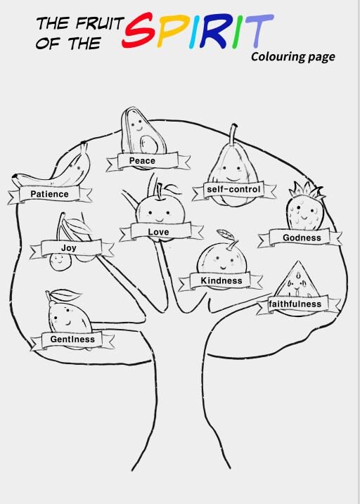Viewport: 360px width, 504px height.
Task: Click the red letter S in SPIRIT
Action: (139, 30)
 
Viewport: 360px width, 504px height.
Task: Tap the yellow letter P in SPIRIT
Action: (172, 30)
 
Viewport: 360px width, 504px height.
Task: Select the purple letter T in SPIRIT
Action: (259, 31)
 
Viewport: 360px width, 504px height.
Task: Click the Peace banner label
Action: (142, 160)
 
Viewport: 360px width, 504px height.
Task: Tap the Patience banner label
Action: (49, 194)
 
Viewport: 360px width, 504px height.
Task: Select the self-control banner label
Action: (233, 189)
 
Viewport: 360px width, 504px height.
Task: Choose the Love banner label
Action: (158, 231)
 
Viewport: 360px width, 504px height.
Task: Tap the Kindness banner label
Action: (221, 280)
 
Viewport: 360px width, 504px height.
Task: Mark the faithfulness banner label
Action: (295, 304)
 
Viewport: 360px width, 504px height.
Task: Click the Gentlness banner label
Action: (72, 339)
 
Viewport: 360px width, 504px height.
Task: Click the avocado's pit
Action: (150, 144)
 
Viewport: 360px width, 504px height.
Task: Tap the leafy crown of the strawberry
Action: (307, 190)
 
